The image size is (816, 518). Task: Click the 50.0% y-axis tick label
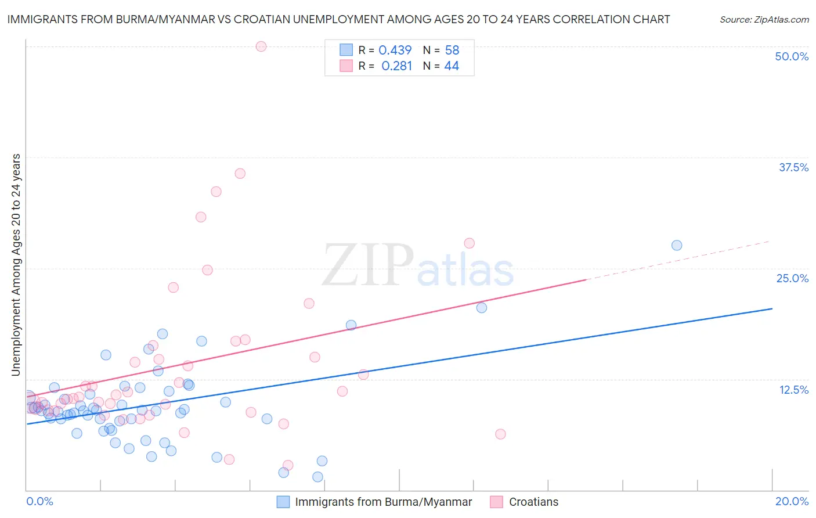point(792,56)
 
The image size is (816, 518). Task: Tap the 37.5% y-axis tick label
point(793,167)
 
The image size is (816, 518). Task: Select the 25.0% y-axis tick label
point(792,278)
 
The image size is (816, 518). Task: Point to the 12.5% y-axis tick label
point(793,390)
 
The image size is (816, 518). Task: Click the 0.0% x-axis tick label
point(39,501)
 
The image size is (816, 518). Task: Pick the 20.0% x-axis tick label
point(792,501)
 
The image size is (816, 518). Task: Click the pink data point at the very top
point(261,46)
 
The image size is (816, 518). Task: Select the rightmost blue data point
point(677,245)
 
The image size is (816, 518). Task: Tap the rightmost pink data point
point(500,434)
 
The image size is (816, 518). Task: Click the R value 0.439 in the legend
point(395,51)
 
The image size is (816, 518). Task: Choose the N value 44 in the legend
point(452,66)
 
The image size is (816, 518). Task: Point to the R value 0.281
point(396,66)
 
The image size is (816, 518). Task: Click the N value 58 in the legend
point(452,51)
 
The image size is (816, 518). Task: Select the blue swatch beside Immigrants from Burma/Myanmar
point(283,502)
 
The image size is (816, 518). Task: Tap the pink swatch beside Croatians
point(496,502)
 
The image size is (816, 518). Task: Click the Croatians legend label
point(533,502)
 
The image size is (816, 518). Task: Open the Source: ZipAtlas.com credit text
point(764,19)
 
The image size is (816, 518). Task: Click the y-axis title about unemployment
point(16,265)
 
